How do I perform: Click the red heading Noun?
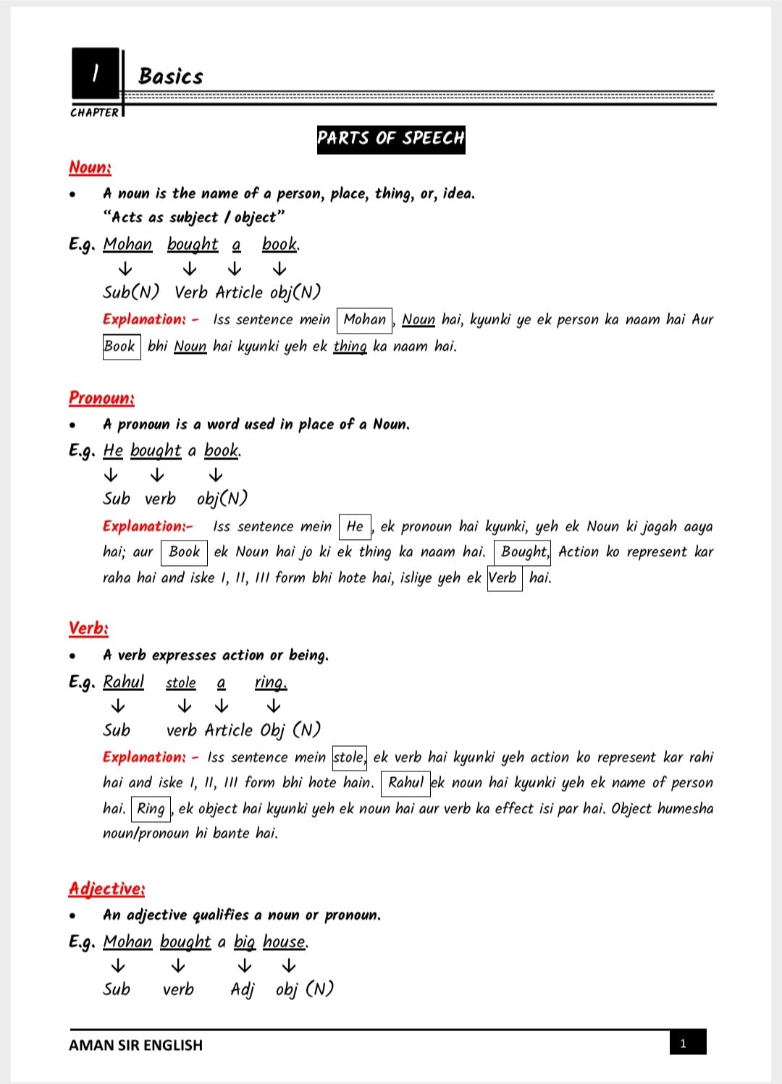click(x=90, y=167)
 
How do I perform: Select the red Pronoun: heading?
click(x=101, y=398)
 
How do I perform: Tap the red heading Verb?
click(x=88, y=628)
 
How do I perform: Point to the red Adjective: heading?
click(x=106, y=889)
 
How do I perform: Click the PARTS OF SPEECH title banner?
click(x=391, y=139)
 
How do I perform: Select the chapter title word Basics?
click(x=171, y=77)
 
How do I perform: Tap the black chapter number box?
click(x=95, y=73)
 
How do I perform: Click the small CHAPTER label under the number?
click(x=94, y=113)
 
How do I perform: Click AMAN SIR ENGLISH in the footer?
click(x=135, y=1045)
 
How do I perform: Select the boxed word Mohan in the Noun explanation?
click(x=364, y=320)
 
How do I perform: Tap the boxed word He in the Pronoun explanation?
click(x=355, y=526)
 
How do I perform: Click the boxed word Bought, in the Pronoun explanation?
click(x=523, y=552)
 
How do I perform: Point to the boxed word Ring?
click(x=151, y=808)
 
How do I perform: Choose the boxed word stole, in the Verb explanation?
click(x=349, y=758)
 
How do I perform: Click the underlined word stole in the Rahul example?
click(x=180, y=683)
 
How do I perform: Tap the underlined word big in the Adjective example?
click(x=244, y=942)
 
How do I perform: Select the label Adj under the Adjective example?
click(x=242, y=989)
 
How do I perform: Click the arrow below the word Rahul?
click(x=117, y=706)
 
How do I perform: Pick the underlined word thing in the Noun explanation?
click(x=350, y=347)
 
